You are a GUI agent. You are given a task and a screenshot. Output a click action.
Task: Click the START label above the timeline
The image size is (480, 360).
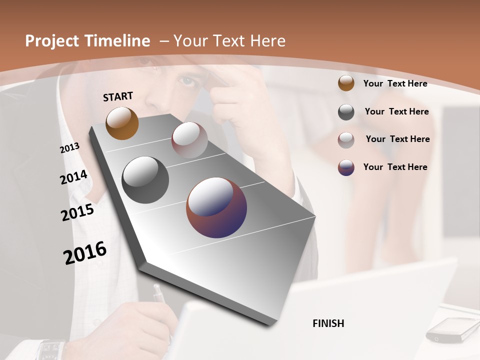point(118,96)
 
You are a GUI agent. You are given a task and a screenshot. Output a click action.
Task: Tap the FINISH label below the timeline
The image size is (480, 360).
point(328,323)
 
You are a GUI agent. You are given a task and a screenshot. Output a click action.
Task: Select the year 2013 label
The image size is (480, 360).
point(69,148)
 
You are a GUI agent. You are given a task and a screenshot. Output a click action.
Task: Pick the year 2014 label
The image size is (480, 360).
point(73,177)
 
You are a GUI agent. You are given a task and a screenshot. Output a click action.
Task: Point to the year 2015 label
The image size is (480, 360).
point(77,212)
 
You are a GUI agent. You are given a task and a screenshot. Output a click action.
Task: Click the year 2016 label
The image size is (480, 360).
point(85,252)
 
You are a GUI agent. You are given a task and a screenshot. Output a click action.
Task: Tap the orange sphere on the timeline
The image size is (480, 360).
point(122,123)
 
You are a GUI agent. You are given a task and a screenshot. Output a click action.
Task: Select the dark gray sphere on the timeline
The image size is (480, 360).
point(145,180)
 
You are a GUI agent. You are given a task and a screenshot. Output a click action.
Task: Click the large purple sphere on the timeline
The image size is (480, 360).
point(216,207)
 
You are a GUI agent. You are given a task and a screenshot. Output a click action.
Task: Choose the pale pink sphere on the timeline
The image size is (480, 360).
point(189,140)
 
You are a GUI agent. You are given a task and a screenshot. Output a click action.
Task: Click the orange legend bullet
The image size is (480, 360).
point(346,83)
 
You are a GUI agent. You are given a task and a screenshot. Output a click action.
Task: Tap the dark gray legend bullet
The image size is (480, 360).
point(346,111)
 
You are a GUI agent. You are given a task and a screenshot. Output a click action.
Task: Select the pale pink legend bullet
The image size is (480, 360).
point(346,139)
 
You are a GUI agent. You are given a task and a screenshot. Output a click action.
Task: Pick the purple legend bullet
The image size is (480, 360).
point(346,167)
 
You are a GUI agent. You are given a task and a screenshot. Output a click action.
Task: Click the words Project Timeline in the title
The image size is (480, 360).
point(87,41)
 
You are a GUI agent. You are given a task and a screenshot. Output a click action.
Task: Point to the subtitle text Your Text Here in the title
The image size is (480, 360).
point(229,41)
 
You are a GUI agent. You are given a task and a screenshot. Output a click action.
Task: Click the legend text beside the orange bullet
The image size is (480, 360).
point(395,83)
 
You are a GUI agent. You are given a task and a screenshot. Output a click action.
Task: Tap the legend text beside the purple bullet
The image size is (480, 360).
point(395,167)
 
